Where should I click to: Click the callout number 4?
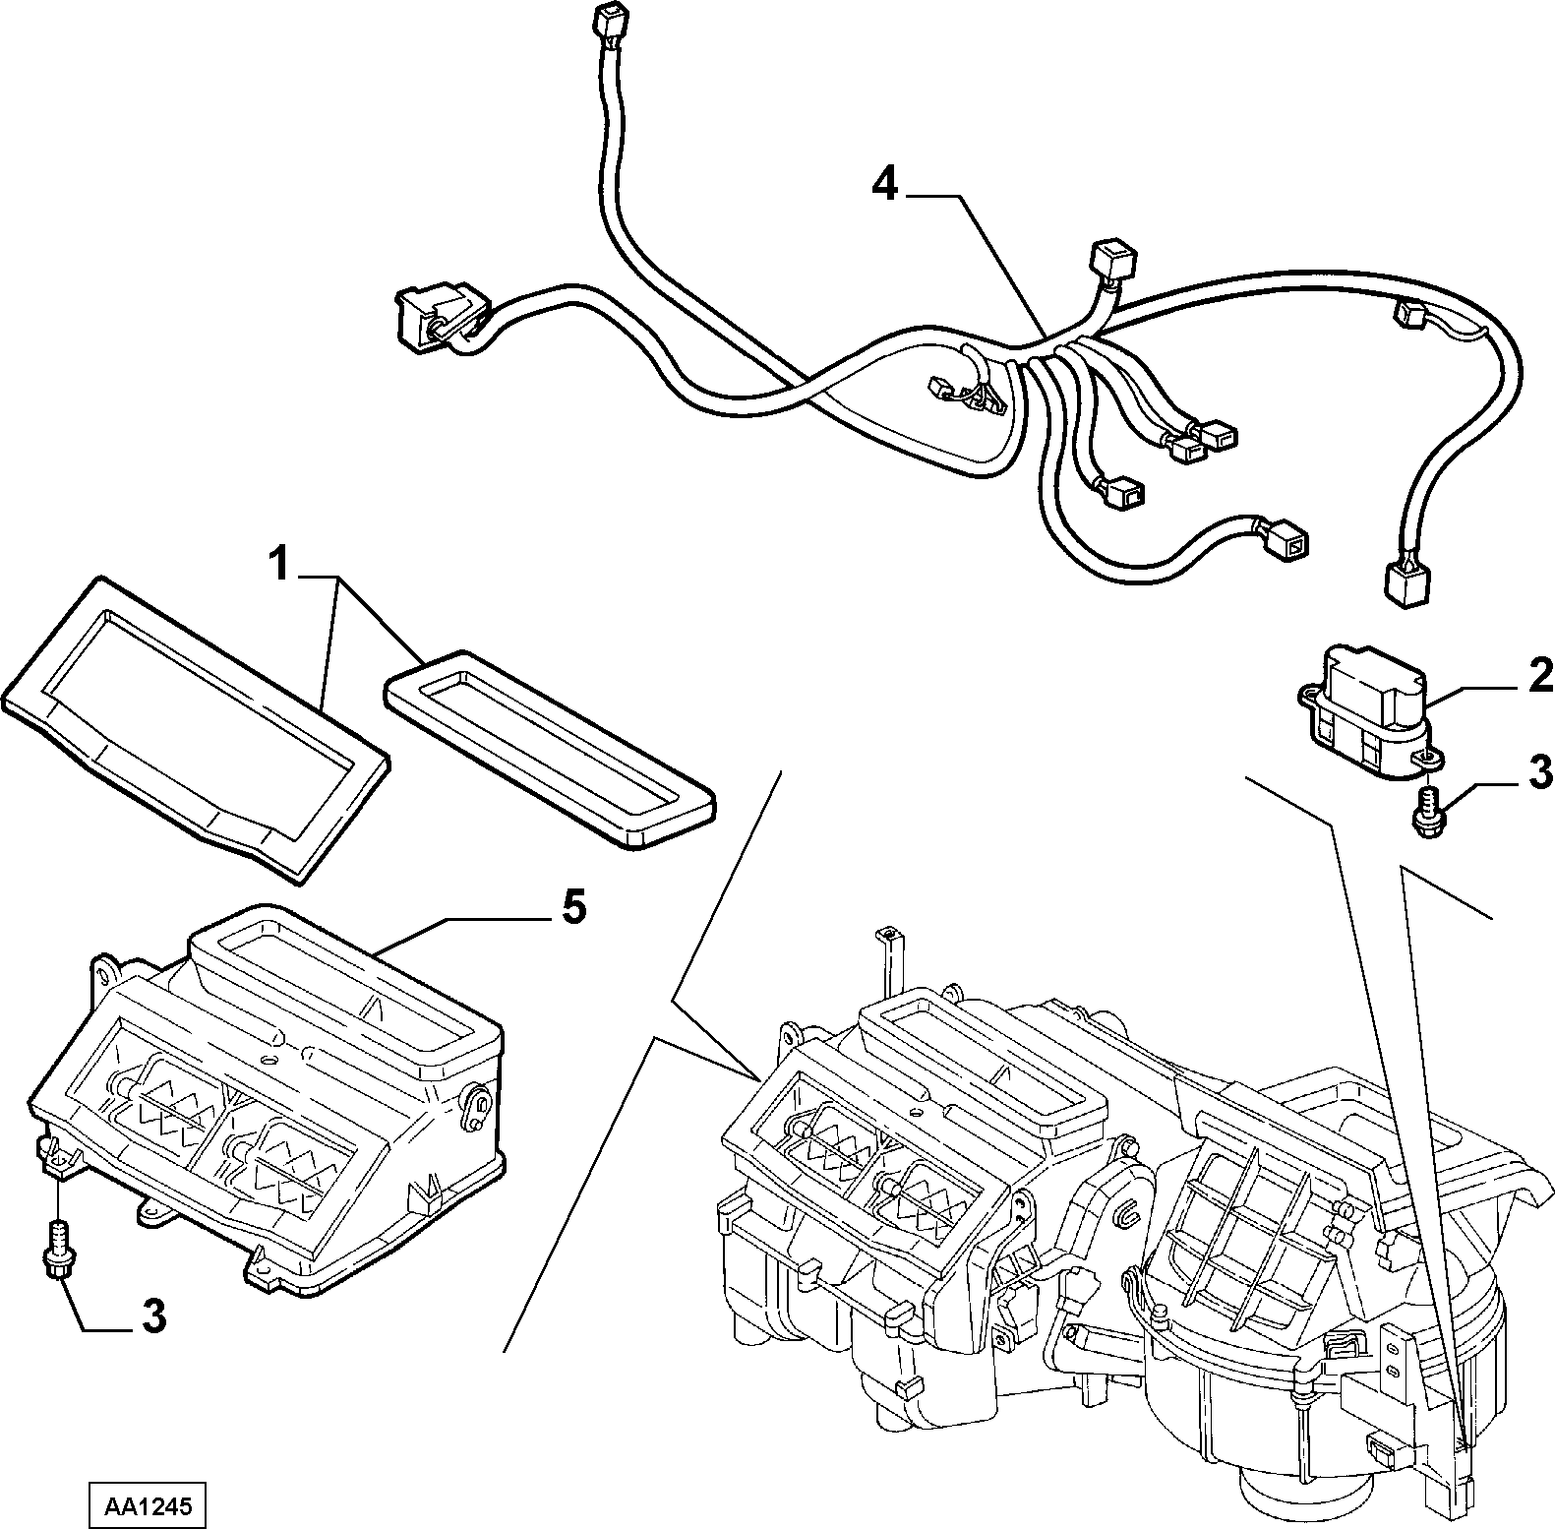coord(886,184)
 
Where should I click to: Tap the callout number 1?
coord(281,567)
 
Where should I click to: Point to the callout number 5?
coord(573,906)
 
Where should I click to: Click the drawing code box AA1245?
coord(148,1506)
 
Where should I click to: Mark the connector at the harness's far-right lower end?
coord(1406,583)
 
